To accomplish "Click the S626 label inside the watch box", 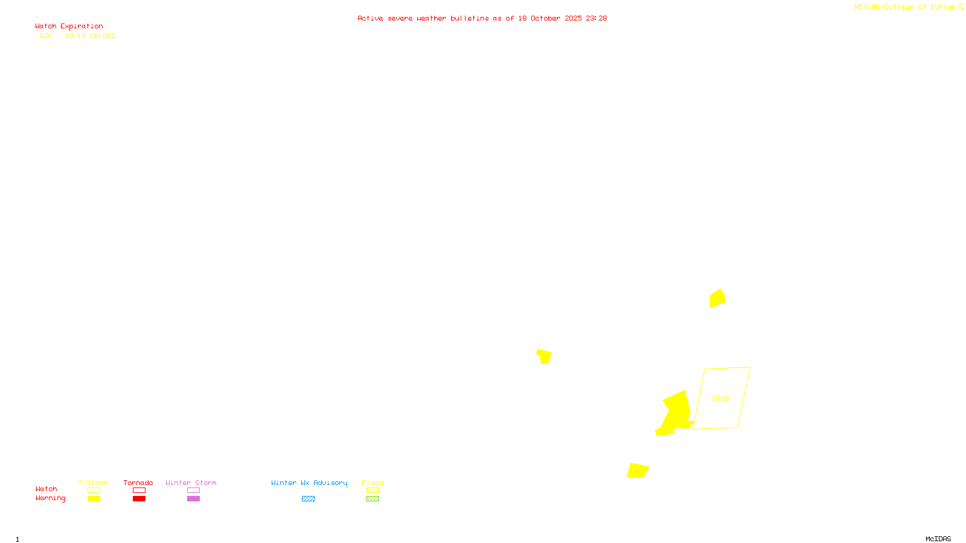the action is tap(720, 398).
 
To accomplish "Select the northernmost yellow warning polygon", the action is tap(717, 298).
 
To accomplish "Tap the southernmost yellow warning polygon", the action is tap(638, 471).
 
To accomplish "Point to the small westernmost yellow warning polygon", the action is tap(545, 356).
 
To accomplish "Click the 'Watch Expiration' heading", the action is tap(69, 27).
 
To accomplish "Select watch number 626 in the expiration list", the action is tap(46, 36).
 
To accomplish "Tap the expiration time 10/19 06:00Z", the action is tap(90, 36).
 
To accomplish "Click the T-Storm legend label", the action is tap(93, 483).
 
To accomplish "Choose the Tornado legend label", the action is tap(138, 483).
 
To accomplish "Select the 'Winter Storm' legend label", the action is tap(191, 483).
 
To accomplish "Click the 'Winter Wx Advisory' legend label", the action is tap(309, 483).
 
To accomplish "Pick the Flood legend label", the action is tap(373, 483).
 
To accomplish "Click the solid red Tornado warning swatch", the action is tap(139, 499).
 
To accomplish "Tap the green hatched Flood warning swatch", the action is tap(373, 499).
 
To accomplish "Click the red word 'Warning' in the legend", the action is tap(51, 498).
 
